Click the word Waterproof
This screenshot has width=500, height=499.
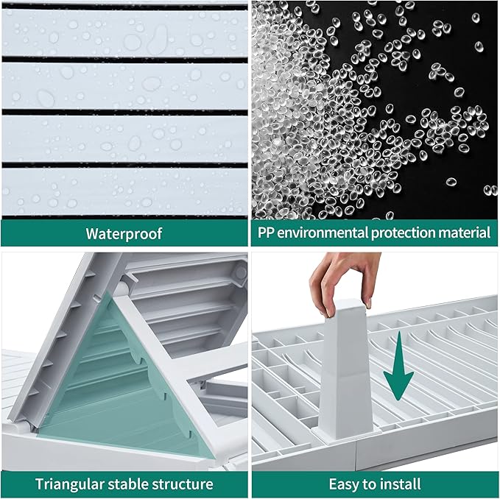point(124,233)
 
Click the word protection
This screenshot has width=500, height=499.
point(402,233)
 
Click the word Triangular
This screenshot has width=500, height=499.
point(70,484)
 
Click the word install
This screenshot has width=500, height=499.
point(401,484)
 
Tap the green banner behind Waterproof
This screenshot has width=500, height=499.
point(124,233)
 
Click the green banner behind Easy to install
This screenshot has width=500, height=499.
point(375,484)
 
